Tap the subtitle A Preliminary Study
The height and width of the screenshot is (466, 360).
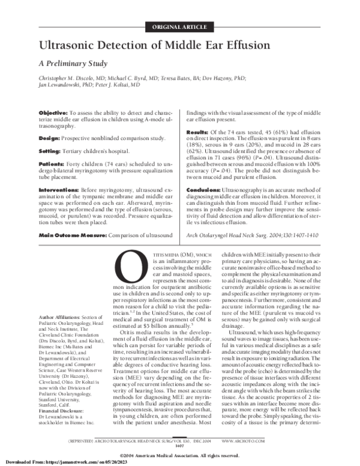(73, 62)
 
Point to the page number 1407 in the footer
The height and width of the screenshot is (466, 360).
(179, 445)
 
